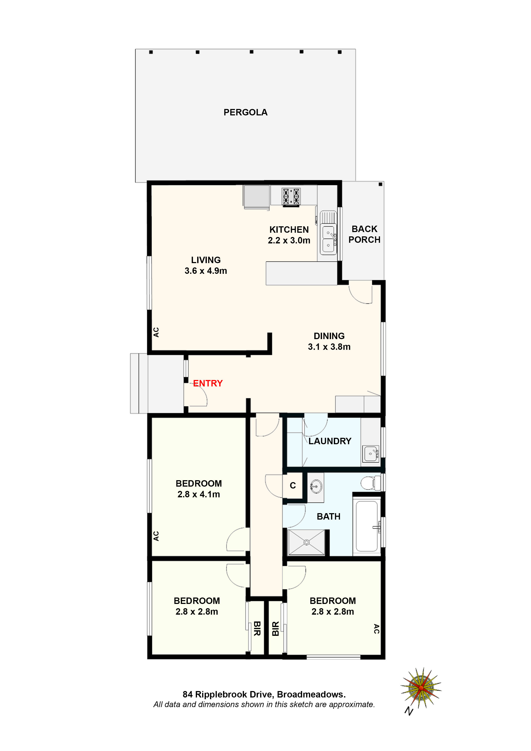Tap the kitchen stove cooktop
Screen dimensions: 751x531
(x=291, y=197)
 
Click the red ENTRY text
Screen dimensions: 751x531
(x=208, y=383)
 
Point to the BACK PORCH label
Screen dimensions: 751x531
(x=364, y=234)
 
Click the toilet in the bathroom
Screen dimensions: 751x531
(x=370, y=483)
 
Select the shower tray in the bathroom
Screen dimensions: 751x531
(x=306, y=542)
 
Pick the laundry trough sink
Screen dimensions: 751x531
(x=371, y=453)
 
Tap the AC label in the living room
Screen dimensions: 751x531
(x=156, y=332)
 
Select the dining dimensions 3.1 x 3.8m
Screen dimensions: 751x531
(x=329, y=347)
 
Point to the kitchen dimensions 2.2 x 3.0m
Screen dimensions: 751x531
(x=289, y=240)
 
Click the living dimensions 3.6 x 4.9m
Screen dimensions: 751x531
(x=206, y=271)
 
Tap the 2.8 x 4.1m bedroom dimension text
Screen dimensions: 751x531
(x=199, y=494)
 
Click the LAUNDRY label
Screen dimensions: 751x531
(x=330, y=441)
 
